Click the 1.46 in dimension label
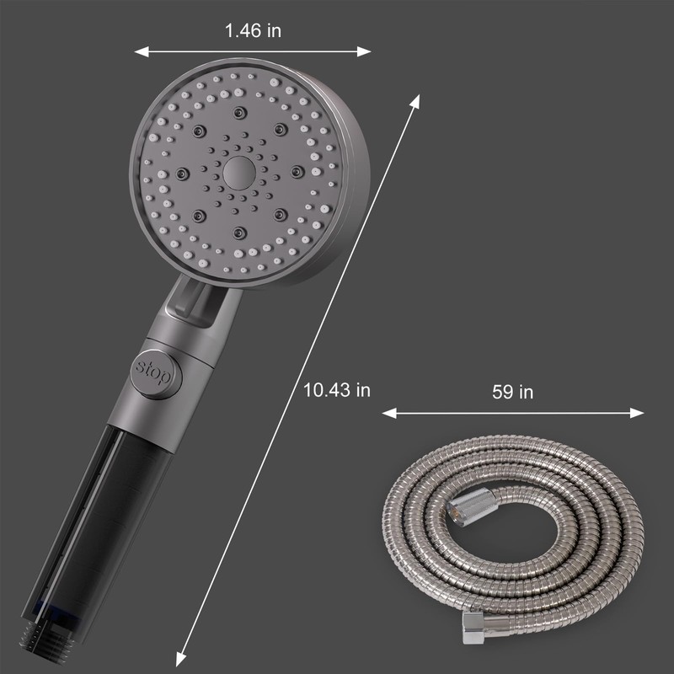(253, 30)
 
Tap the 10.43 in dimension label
(336, 390)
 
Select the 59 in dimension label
(512, 392)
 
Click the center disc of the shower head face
(239, 173)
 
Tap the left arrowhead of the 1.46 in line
(141, 52)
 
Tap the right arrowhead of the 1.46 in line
(364, 52)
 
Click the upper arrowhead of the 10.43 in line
(415, 101)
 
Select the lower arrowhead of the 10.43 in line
(181, 660)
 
